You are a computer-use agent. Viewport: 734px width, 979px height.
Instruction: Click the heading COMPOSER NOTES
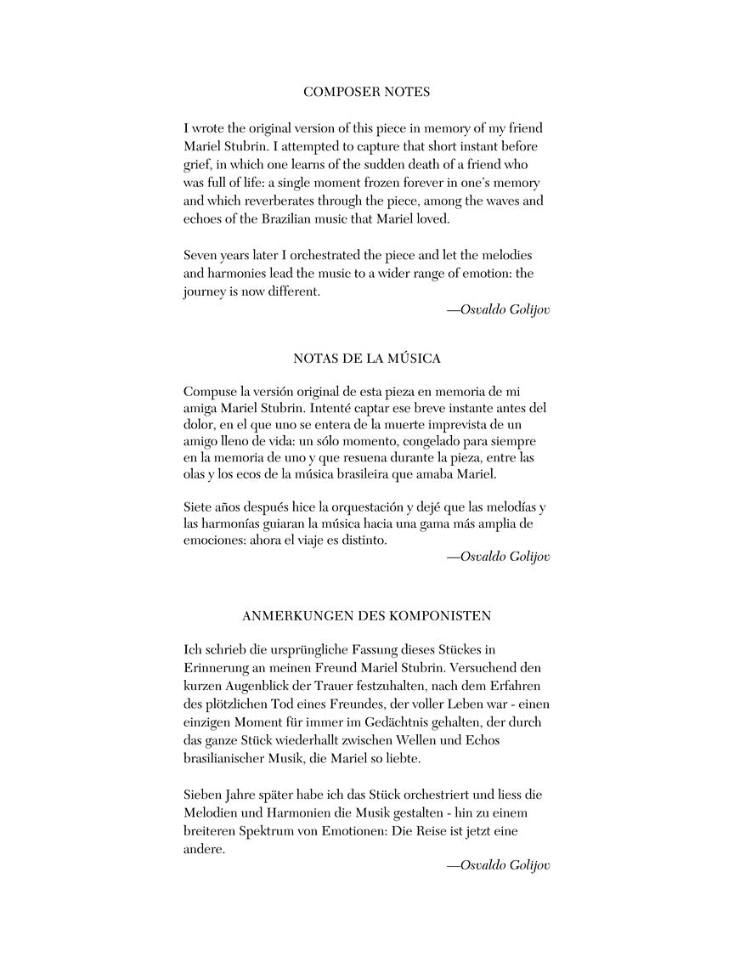(366, 92)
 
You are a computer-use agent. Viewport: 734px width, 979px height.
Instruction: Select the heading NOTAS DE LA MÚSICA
(367, 359)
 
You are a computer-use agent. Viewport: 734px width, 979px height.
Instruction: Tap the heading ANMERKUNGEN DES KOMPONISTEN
(367, 614)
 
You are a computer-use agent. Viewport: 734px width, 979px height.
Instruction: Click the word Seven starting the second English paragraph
(201, 255)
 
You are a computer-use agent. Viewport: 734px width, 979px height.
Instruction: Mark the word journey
(206, 291)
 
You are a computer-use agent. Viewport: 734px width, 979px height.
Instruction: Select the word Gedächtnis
(370, 722)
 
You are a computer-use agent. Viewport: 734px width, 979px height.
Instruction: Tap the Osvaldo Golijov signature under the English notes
(498, 309)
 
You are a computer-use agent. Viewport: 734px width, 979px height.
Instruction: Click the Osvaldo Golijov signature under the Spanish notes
(498, 557)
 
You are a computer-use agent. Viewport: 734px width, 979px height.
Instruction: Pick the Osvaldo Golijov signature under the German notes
(498, 865)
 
